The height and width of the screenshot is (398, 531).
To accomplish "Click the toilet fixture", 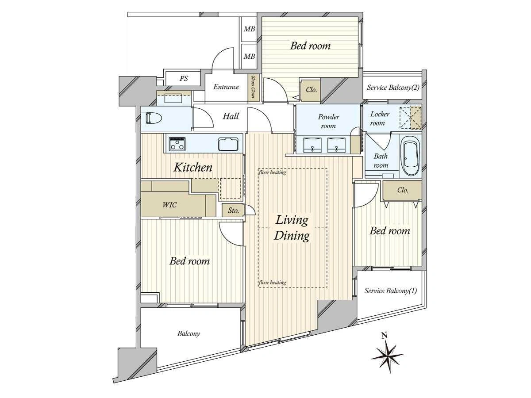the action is click(x=152, y=119).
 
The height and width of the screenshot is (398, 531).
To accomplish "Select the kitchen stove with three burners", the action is click(x=177, y=144).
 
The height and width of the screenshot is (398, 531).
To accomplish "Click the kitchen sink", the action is click(x=228, y=144).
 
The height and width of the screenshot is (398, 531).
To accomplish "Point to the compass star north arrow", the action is click(x=388, y=354).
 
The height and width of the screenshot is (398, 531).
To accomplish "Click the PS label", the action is click(x=184, y=79).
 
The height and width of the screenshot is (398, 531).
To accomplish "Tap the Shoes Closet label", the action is click(x=253, y=87).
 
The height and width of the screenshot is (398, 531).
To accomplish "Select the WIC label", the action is click(x=169, y=205).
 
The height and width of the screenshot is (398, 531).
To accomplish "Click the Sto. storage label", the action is click(x=233, y=210).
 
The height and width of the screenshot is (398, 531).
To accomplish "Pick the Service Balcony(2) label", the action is click(x=393, y=87).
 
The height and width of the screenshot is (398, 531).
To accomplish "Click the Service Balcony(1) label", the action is click(x=391, y=291).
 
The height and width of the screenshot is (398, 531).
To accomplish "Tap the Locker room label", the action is click(x=380, y=119).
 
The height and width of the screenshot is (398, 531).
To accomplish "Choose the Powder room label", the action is click(x=328, y=121).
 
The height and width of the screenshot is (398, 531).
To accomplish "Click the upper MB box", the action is click(x=249, y=29).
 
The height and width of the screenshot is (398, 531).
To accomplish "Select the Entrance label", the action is click(x=226, y=87).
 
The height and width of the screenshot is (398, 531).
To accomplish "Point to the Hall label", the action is click(x=231, y=116).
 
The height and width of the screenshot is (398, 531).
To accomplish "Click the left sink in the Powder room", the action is click(x=312, y=145).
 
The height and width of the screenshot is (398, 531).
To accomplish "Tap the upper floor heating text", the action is click(x=273, y=172).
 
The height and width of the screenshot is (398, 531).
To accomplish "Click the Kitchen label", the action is click(x=193, y=167).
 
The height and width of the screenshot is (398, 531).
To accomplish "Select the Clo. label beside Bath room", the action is click(x=403, y=190).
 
